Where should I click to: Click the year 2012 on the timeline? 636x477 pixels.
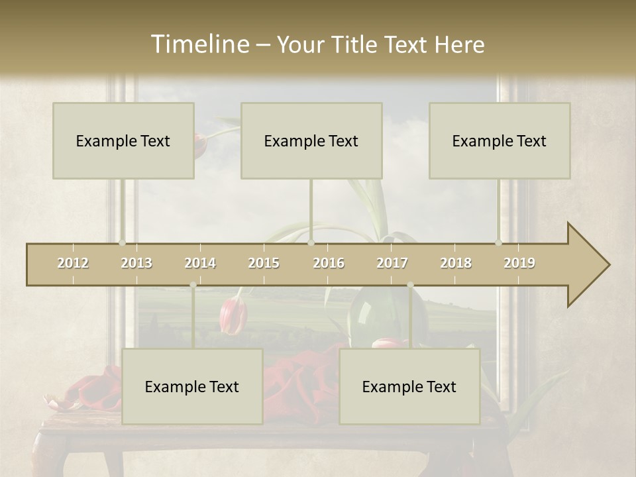click(x=73, y=263)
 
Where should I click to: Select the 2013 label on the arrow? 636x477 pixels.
click(x=136, y=263)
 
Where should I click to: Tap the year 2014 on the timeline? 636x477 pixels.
click(x=200, y=263)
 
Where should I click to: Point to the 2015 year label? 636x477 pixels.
click(x=264, y=263)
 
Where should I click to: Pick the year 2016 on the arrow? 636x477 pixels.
click(x=329, y=263)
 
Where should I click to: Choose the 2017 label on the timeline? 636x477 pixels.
click(x=392, y=263)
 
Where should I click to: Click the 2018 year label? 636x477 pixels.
click(x=456, y=263)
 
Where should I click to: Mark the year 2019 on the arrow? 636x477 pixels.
click(x=519, y=263)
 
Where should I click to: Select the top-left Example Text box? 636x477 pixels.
click(x=123, y=140)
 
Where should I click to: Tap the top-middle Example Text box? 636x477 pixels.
click(x=311, y=140)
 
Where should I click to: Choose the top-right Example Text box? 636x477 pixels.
click(x=500, y=140)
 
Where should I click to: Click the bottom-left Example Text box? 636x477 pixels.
click(x=192, y=386)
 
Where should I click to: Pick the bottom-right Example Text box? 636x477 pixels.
click(x=409, y=386)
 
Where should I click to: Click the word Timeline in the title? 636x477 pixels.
click(x=199, y=44)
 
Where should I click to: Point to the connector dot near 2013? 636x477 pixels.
click(x=122, y=243)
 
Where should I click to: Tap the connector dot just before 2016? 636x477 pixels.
click(x=311, y=243)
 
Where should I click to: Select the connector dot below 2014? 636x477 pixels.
click(x=193, y=285)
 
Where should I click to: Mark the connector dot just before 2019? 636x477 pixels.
click(x=499, y=243)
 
